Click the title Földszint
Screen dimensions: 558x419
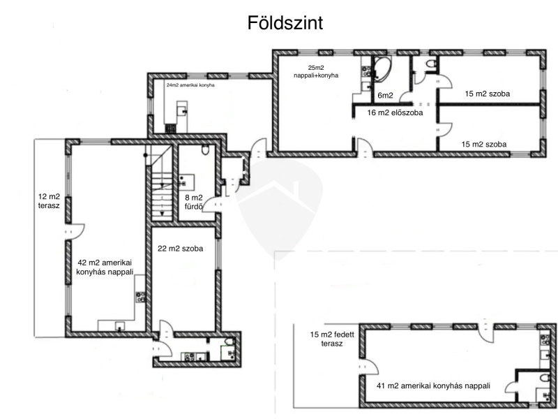tap(285, 23)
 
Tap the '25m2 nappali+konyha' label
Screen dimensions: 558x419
tap(316, 72)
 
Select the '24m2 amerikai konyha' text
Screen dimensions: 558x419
tap(190, 85)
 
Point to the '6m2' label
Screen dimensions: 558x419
tap(385, 95)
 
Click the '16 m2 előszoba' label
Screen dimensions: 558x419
tap(395, 112)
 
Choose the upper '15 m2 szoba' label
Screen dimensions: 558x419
tap(487, 94)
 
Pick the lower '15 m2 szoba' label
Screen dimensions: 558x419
tap(484, 145)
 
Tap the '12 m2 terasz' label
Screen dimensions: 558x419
tap(49, 201)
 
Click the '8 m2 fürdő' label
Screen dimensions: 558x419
tap(194, 202)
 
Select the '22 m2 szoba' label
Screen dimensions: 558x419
tap(181, 249)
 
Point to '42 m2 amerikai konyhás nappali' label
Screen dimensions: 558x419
tap(105, 267)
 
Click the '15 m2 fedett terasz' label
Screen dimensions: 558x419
tap(332, 339)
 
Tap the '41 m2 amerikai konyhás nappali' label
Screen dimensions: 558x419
tap(433, 385)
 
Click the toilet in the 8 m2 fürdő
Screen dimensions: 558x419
tap(205, 149)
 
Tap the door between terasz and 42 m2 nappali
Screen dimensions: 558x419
tap(75, 231)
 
